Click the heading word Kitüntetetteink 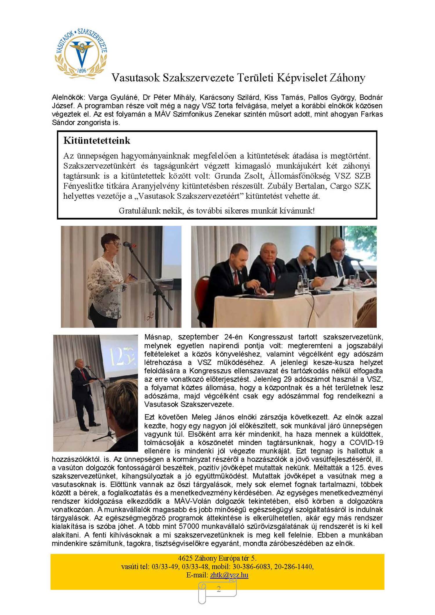[97, 141]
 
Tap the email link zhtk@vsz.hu [229, 575]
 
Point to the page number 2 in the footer [219, 589]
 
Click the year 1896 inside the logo [82, 70]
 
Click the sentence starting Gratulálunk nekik [217, 211]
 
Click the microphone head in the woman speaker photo [127, 244]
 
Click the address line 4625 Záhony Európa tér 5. [217, 558]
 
